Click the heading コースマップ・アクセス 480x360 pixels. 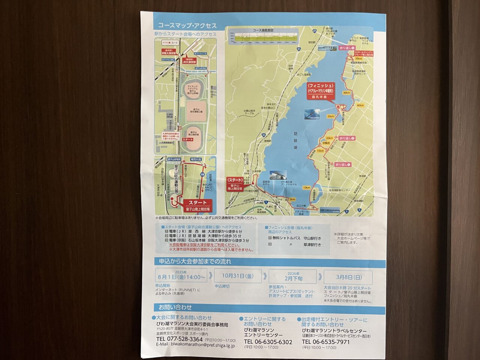[x=187, y=25]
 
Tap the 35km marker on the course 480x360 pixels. [x=358, y=58]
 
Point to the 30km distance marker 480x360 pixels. [x=346, y=93]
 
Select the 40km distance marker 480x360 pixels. [x=360, y=105]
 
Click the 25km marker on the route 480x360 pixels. [x=330, y=116]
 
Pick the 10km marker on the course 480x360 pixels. [x=306, y=187]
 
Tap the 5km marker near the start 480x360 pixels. [x=292, y=199]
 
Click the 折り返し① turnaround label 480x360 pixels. [x=343, y=164]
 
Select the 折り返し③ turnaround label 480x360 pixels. [x=347, y=48]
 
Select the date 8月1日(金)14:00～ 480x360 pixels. [x=182, y=277]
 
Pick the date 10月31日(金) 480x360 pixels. [x=237, y=276]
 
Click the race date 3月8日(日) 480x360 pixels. [x=349, y=277]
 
